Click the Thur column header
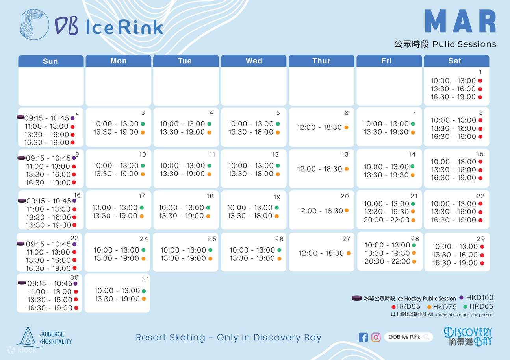tap(321, 61)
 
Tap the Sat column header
tap(455, 61)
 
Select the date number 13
tap(345, 155)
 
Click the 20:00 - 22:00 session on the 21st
tap(386, 220)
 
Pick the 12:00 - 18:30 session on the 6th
tap(319, 127)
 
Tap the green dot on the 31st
tap(144, 291)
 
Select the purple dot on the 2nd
tap(72, 118)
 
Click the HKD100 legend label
tap(479, 298)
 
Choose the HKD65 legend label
tap(481, 306)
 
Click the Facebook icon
tap(363, 337)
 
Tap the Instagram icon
tap(376, 337)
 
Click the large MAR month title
tap(460, 22)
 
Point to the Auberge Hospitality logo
tap(44, 338)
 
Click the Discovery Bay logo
tap(468, 336)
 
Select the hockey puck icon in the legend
tap(357, 298)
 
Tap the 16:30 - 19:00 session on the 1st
tap(453, 97)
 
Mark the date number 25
tap(212, 239)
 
